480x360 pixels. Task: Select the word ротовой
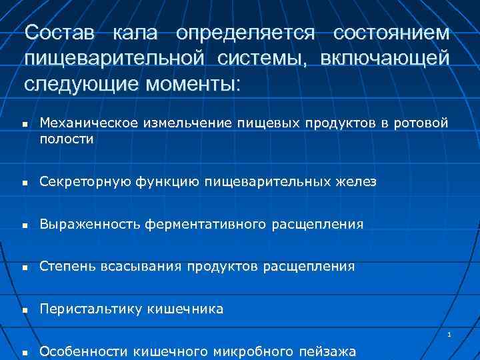click(x=423, y=123)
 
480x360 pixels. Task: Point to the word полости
click(x=66, y=139)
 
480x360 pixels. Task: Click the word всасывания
click(x=141, y=267)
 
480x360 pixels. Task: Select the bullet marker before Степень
click(x=24, y=268)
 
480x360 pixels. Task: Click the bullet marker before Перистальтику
click(x=24, y=311)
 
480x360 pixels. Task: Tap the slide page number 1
click(x=450, y=335)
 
